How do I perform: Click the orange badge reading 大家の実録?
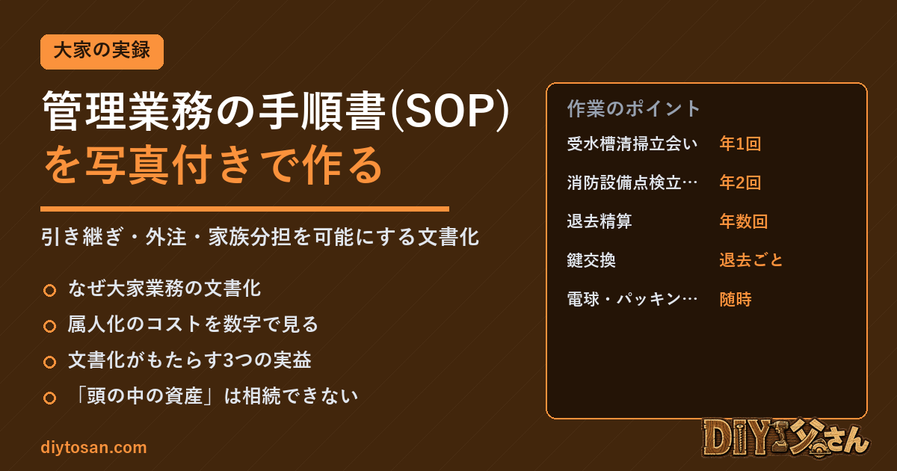click(x=102, y=52)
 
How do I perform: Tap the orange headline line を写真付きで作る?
click(x=213, y=165)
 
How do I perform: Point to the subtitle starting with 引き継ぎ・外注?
click(x=260, y=237)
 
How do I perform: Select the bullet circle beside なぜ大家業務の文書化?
click(x=49, y=290)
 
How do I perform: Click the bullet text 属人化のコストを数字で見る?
click(x=193, y=324)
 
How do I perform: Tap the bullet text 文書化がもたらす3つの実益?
click(x=190, y=360)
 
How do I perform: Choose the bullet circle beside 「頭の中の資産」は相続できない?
click(x=49, y=398)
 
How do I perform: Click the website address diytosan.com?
click(x=93, y=447)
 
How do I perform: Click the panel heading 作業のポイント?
click(x=634, y=108)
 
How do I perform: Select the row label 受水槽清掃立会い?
click(x=632, y=144)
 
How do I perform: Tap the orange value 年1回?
click(x=740, y=144)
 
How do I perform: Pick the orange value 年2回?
click(x=740, y=182)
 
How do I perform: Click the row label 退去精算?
click(x=599, y=221)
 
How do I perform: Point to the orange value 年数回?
click(x=744, y=221)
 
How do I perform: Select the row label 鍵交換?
click(x=591, y=260)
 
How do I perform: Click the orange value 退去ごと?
click(x=751, y=260)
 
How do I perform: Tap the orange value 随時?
click(x=736, y=299)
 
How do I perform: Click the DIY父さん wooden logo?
click(x=785, y=438)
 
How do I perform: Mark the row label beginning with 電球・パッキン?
click(x=632, y=299)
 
